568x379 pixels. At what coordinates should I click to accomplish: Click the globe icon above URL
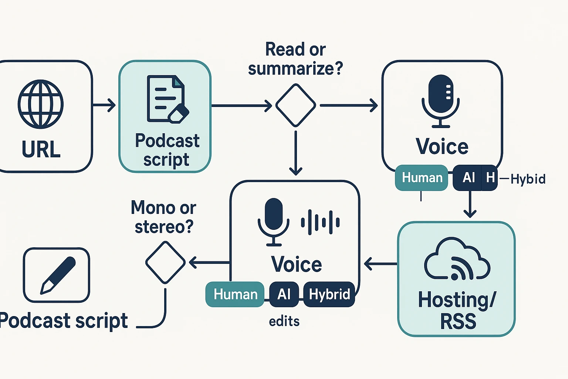pos(41,104)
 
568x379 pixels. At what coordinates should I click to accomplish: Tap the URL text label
pos(41,150)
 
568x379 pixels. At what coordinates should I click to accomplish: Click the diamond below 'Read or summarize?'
pos(295,105)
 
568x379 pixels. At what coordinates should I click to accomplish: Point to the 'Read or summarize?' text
pos(295,59)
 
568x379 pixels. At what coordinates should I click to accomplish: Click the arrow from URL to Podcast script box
pos(104,105)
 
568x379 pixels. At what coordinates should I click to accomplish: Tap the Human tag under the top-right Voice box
pos(422,178)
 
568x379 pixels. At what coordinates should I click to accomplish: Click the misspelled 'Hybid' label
pos(528,179)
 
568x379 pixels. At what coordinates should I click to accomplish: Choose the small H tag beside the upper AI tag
pos(490,178)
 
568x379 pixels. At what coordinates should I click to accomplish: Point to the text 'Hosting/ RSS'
pos(457,310)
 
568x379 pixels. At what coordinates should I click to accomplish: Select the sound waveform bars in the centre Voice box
pos(320,222)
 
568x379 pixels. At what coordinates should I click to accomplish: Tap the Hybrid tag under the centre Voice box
pos(329,294)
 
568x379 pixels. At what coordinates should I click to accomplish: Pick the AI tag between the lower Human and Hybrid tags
pos(284,294)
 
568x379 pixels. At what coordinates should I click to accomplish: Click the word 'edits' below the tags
pos(284,321)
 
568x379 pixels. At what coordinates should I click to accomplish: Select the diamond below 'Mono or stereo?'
pos(165,262)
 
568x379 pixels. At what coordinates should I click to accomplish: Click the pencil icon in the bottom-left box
pos(57,275)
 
